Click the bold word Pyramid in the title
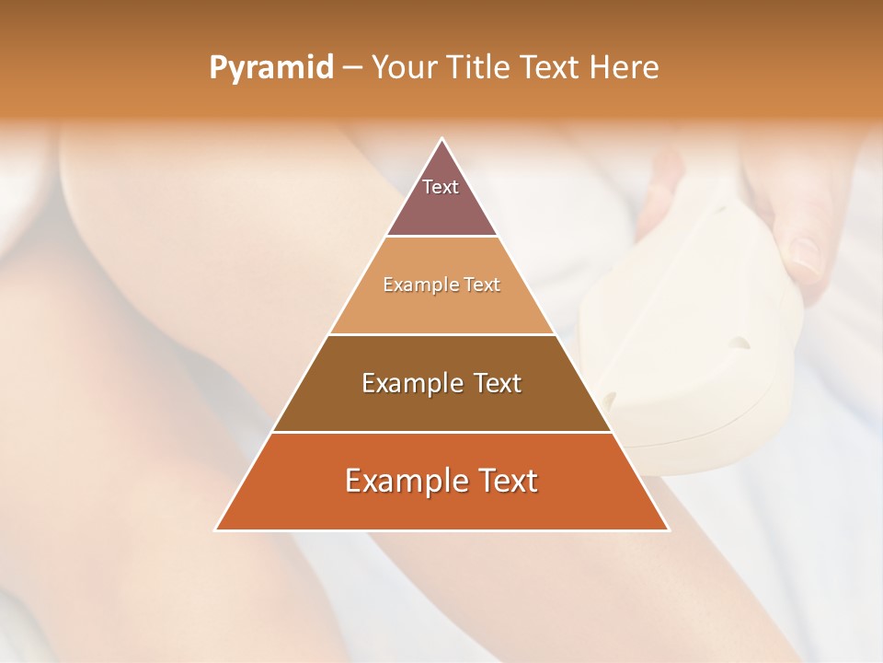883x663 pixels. pyautogui.click(x=270, y=67)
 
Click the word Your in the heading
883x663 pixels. pyautogui.click(x=403, y=67)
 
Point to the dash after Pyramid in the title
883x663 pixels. pyautogui.click(x=352, y=68)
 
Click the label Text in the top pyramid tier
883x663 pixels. pyautogui.click(x=441, y=187)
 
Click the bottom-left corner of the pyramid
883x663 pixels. pyautogui.click(x=216, y=529)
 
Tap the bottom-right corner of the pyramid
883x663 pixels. pyautogui.click(x=668, y=529)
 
